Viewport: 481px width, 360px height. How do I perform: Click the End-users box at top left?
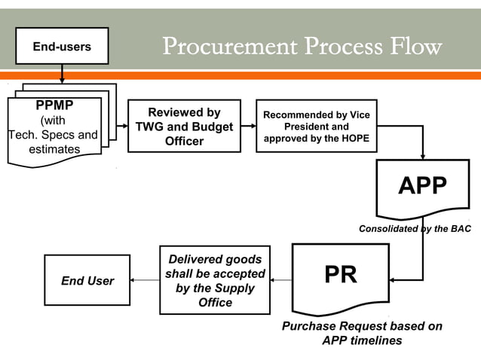pos(62,46)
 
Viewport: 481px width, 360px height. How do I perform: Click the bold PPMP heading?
pos(54,105)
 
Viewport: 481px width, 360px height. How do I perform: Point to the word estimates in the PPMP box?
pos(54,149)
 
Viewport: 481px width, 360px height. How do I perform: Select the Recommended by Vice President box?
pos(316,126)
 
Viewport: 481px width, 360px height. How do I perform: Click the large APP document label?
pos(422,185)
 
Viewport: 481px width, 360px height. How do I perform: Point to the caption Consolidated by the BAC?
pos(415,228)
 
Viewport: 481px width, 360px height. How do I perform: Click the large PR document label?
pos(340,274)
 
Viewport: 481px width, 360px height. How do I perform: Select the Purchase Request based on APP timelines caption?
pos(362,333)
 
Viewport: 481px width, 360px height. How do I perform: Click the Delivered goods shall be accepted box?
pos(215,280)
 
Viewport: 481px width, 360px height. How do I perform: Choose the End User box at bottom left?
pos(87,281)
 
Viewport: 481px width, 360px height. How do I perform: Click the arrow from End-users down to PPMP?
pos(62,73)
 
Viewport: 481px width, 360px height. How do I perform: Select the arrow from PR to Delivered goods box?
pos(281,281)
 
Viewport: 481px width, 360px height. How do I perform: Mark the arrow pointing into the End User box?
pos(144,281)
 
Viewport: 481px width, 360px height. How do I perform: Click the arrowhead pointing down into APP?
pos(422,154)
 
